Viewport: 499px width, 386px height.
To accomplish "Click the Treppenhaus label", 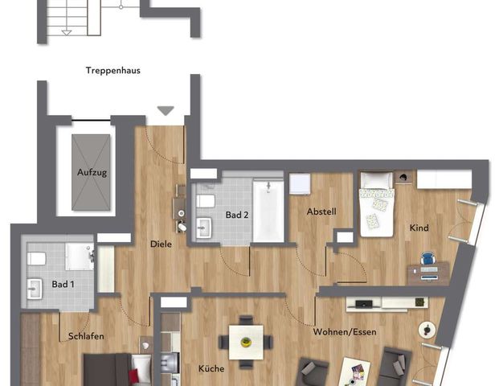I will pos(113,71).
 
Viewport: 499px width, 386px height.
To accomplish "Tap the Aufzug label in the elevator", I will pos(92,173).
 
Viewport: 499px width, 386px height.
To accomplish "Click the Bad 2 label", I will pos(235,216).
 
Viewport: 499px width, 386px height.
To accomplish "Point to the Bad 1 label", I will pos(63,285).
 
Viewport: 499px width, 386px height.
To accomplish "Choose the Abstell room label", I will pos(321,212).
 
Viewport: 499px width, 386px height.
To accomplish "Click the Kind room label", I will pos(419,228).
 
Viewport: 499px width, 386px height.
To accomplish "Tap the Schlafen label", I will pos(86,336).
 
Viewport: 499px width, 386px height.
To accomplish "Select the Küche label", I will pos(211,369).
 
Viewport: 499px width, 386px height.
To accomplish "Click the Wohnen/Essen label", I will pos(345,331).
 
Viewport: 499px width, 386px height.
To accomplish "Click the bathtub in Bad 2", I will pos(268,211).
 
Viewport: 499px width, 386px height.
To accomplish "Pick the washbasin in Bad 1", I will pos(35,288).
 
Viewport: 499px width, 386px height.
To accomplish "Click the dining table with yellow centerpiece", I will pos(245,342).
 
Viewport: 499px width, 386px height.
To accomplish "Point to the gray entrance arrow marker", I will pos(165,111).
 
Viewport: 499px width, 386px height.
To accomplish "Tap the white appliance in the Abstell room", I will pos(300,183).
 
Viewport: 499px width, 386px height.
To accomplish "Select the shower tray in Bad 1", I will pos(80,257).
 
